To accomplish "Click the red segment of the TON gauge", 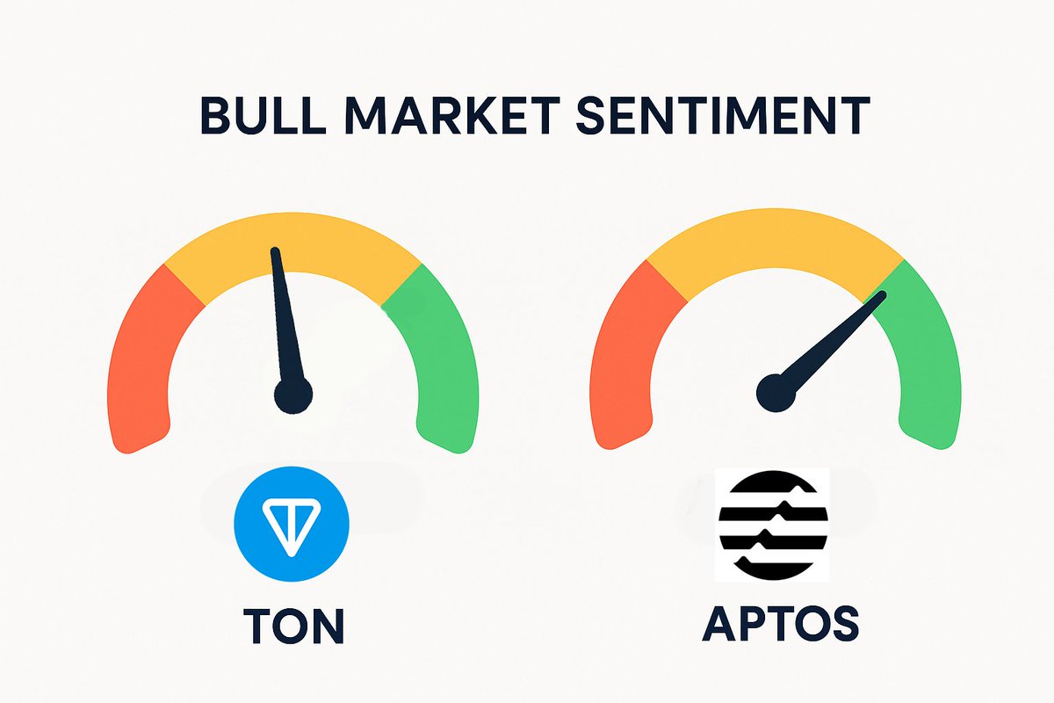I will [141, 360].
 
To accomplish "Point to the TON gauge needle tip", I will [276, 252].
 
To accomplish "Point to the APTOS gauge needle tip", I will [883, 295].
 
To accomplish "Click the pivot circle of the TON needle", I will [292, 395].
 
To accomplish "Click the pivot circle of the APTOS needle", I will [776, 392].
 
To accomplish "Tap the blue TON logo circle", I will [292, 524].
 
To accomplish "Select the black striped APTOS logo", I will [773, 524].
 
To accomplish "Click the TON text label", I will [293, 625].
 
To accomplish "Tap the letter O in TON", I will [292, 625].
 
